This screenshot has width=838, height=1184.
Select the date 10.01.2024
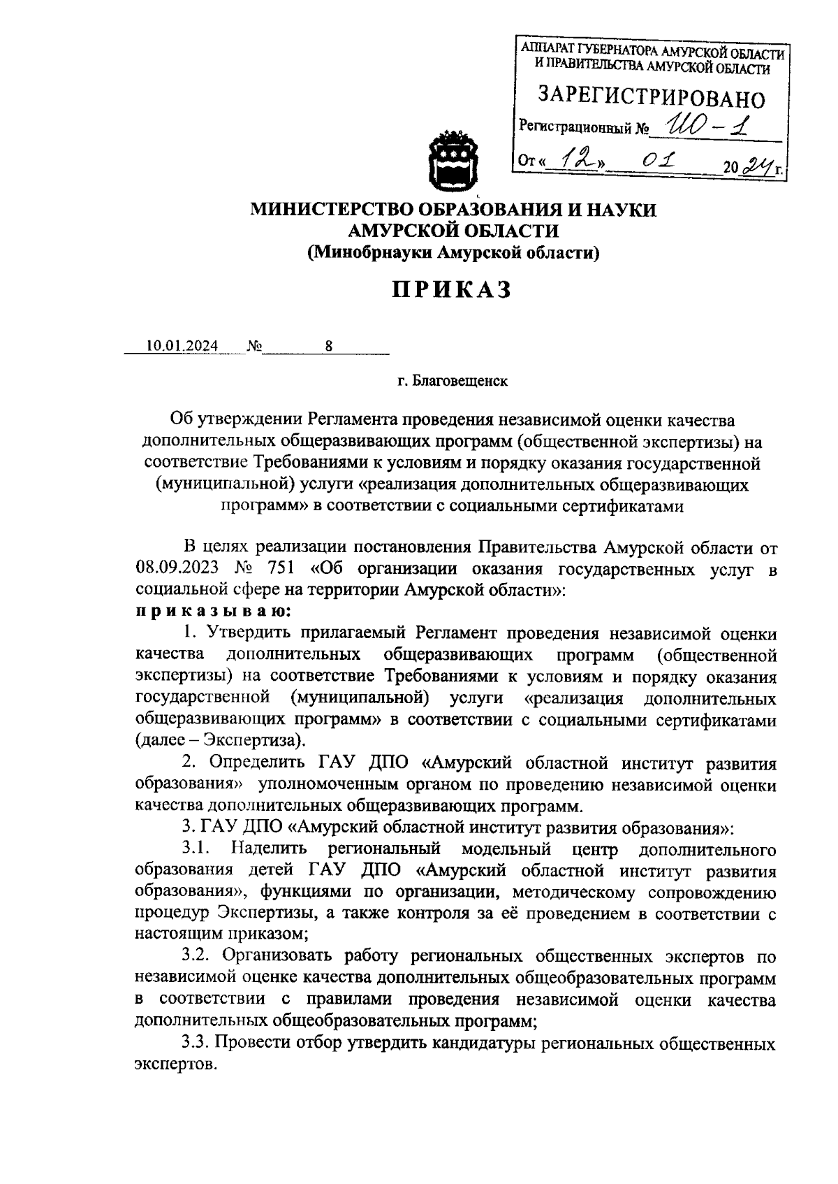[x=182, y=346]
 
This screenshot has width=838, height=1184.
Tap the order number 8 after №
[x=328, y=346]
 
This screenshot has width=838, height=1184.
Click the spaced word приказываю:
[x=213, y=610]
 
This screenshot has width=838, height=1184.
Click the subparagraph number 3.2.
[x=197, y=955]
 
